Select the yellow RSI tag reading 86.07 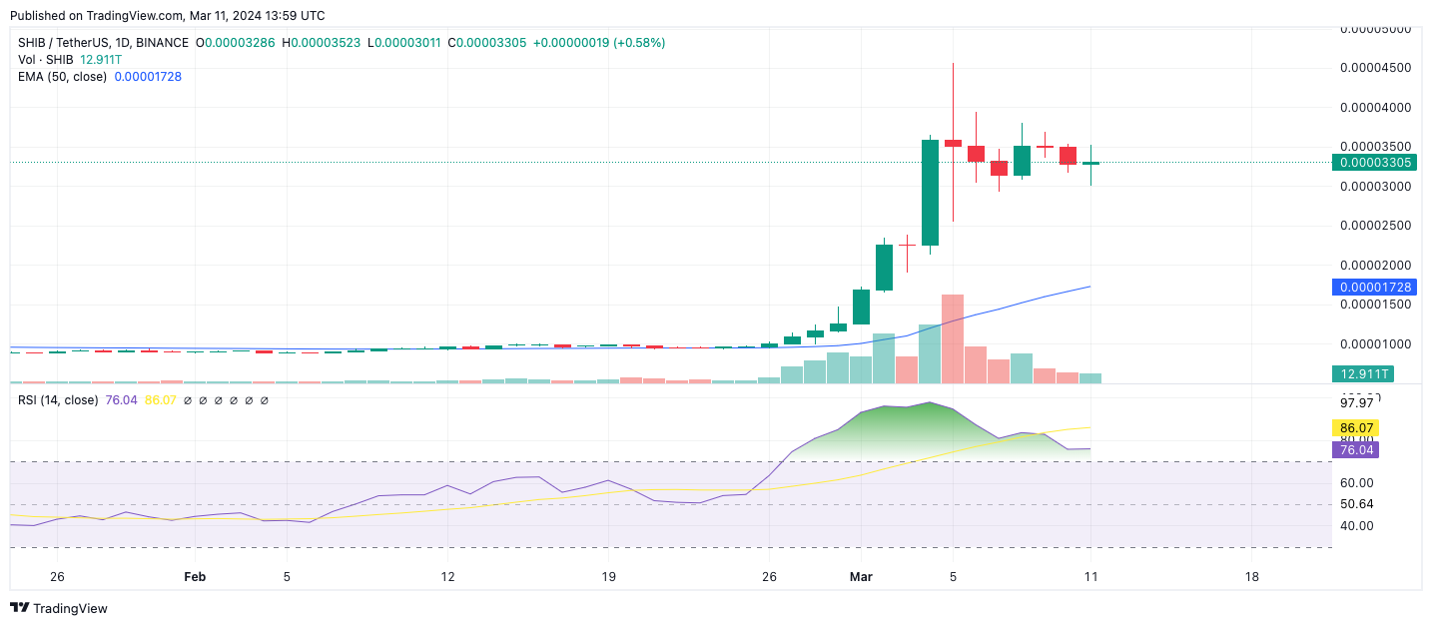coord(1358,427)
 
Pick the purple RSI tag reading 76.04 coord(1358,450)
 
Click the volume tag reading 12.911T coord(1361,374)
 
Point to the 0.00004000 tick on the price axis coord(1374,108)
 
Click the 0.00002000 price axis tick coord(1374,266)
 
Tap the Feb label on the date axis coord(195,577)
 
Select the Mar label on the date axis coord(861,577)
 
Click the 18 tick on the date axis coord(1252,577)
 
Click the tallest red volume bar coord(952,339)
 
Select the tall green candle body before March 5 coord(930,192)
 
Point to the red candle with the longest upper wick coord(953,144)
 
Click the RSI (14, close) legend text coord(58,400)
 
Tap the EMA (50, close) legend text coord(63,76)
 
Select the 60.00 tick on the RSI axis coord(1356,483)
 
